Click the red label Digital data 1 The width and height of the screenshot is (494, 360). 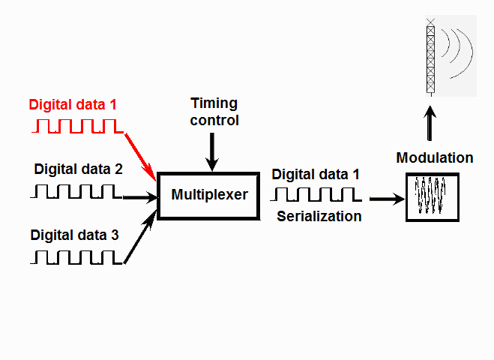tap(73, 104)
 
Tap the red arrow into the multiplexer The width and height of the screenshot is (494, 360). tap(140, 155)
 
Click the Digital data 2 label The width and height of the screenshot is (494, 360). tap(78, 169)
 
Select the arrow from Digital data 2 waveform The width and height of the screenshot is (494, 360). tap(141, 197)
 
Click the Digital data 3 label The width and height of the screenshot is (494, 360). tap(74, 235)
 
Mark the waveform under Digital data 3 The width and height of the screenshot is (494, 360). tap(76, 257)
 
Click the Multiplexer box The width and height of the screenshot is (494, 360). tap(209, 195)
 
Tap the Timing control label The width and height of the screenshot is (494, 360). tap(214, 111)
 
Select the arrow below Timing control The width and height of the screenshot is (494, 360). tap(214, 151)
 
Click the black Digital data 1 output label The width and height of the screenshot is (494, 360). tap(316, 174)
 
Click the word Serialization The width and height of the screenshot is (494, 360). tap(319, 217)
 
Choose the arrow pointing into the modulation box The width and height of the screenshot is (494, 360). tap(387, 199)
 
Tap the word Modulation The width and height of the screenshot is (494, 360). tap(435, 157)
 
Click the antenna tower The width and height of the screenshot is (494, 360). tap(430, 56)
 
